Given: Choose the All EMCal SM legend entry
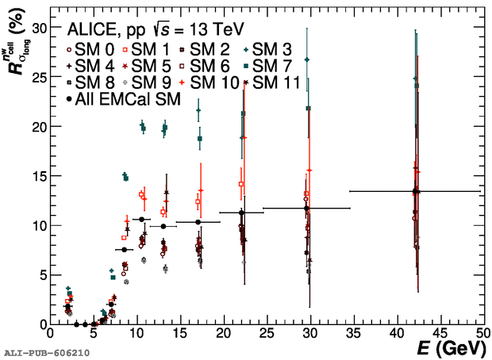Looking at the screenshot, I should [123, 99].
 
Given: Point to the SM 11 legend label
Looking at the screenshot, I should [275, 82].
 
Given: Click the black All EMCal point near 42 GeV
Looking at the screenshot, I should [415, 191].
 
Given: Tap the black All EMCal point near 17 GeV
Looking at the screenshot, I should [198, 222].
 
